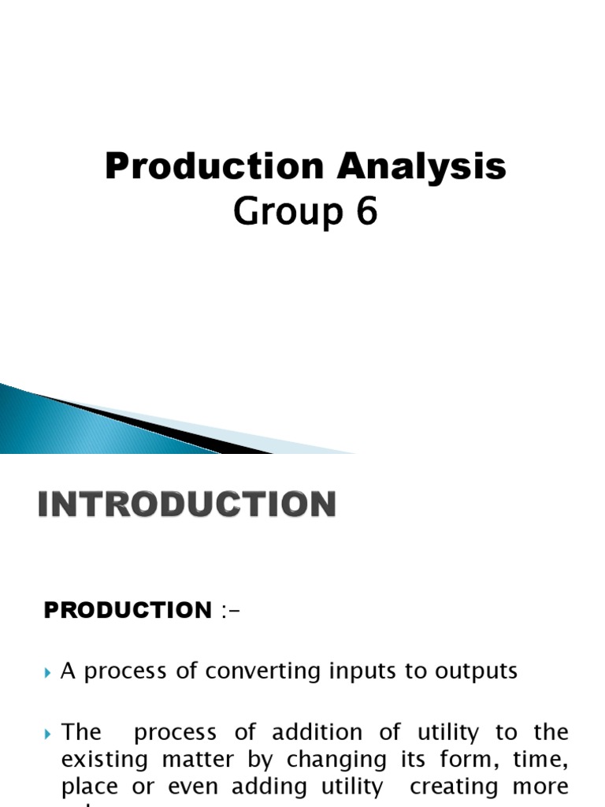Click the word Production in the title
(213, 167)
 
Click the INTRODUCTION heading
(187, 505)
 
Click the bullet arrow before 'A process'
(49, 672)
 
